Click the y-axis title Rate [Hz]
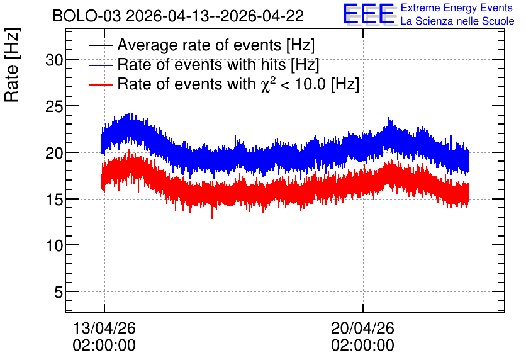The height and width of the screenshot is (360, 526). [x=12, y=65]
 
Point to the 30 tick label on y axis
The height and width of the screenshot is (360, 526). [x=54, y=60]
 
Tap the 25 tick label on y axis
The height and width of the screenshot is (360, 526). [x=54, y=107]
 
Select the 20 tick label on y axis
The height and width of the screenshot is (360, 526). [x=54, y=154]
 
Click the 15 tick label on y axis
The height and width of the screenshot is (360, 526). [x=54, y=200]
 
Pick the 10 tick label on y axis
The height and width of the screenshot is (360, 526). [x=54, y=246]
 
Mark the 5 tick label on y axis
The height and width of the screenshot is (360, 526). [x=59, y=292]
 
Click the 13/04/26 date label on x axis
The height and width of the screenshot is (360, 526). [x=104, y=328]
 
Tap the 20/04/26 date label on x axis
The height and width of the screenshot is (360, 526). [x=362, y=328]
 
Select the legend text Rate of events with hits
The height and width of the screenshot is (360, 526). [x=218, y=64]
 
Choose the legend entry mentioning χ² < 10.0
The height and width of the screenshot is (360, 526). [x=238, y=84]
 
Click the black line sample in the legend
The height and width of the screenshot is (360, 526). [x=100, y=45]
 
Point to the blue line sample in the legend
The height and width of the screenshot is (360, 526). [x=100, y=65]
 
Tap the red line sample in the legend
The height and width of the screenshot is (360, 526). [x=100, y=84]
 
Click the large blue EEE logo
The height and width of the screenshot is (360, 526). [x=369, y=14]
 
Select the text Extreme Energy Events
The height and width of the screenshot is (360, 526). [x=457, y=8]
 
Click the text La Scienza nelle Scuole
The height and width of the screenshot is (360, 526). [x=457, y=21]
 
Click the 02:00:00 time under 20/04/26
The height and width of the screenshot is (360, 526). [x=362, y=346]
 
